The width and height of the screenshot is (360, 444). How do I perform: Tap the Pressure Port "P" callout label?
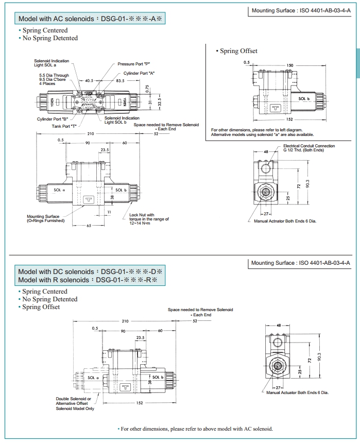click(x=133, y=64)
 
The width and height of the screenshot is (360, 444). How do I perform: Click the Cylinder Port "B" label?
click(x=53, y=118)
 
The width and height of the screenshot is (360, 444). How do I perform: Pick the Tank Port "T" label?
click(x=64, y=126)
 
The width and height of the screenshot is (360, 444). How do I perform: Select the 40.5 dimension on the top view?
click(x=89, y=81)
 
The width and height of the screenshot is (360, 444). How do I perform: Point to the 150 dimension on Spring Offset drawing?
click(x=290, y=65)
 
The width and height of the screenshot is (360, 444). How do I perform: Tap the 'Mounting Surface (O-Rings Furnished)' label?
click(x=46, y=218)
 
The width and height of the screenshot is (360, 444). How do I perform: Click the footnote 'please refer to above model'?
click(x=196, y=429)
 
